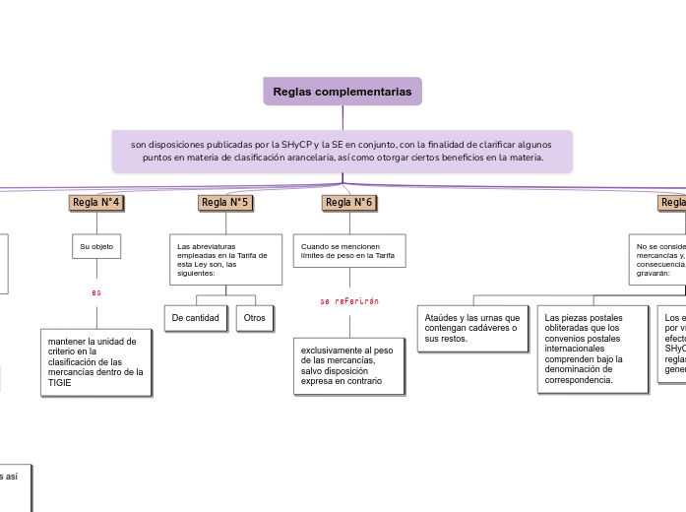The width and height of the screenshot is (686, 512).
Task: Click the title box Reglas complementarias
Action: (343, 92)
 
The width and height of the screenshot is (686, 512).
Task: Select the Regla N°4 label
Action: (96, 203)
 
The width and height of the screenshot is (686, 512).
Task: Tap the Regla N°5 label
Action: (225, 203)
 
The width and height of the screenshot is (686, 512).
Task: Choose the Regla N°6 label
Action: (349, 203)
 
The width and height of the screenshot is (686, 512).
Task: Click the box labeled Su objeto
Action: (96, 246)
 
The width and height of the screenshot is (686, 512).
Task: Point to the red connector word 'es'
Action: (96, 292)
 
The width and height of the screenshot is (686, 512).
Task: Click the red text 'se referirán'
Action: (349, 301)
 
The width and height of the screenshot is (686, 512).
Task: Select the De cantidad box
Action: (195, 318)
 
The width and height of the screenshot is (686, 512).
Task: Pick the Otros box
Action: (254, 318)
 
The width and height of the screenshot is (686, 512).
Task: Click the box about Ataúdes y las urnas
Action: (472, 328)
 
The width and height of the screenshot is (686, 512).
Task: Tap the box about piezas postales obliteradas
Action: (593, 348)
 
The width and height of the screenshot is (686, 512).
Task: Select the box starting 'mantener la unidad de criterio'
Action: (96, 361)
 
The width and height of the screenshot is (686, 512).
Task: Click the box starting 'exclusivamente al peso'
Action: (349, 365)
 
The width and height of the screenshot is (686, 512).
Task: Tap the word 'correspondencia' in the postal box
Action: (578, 379)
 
